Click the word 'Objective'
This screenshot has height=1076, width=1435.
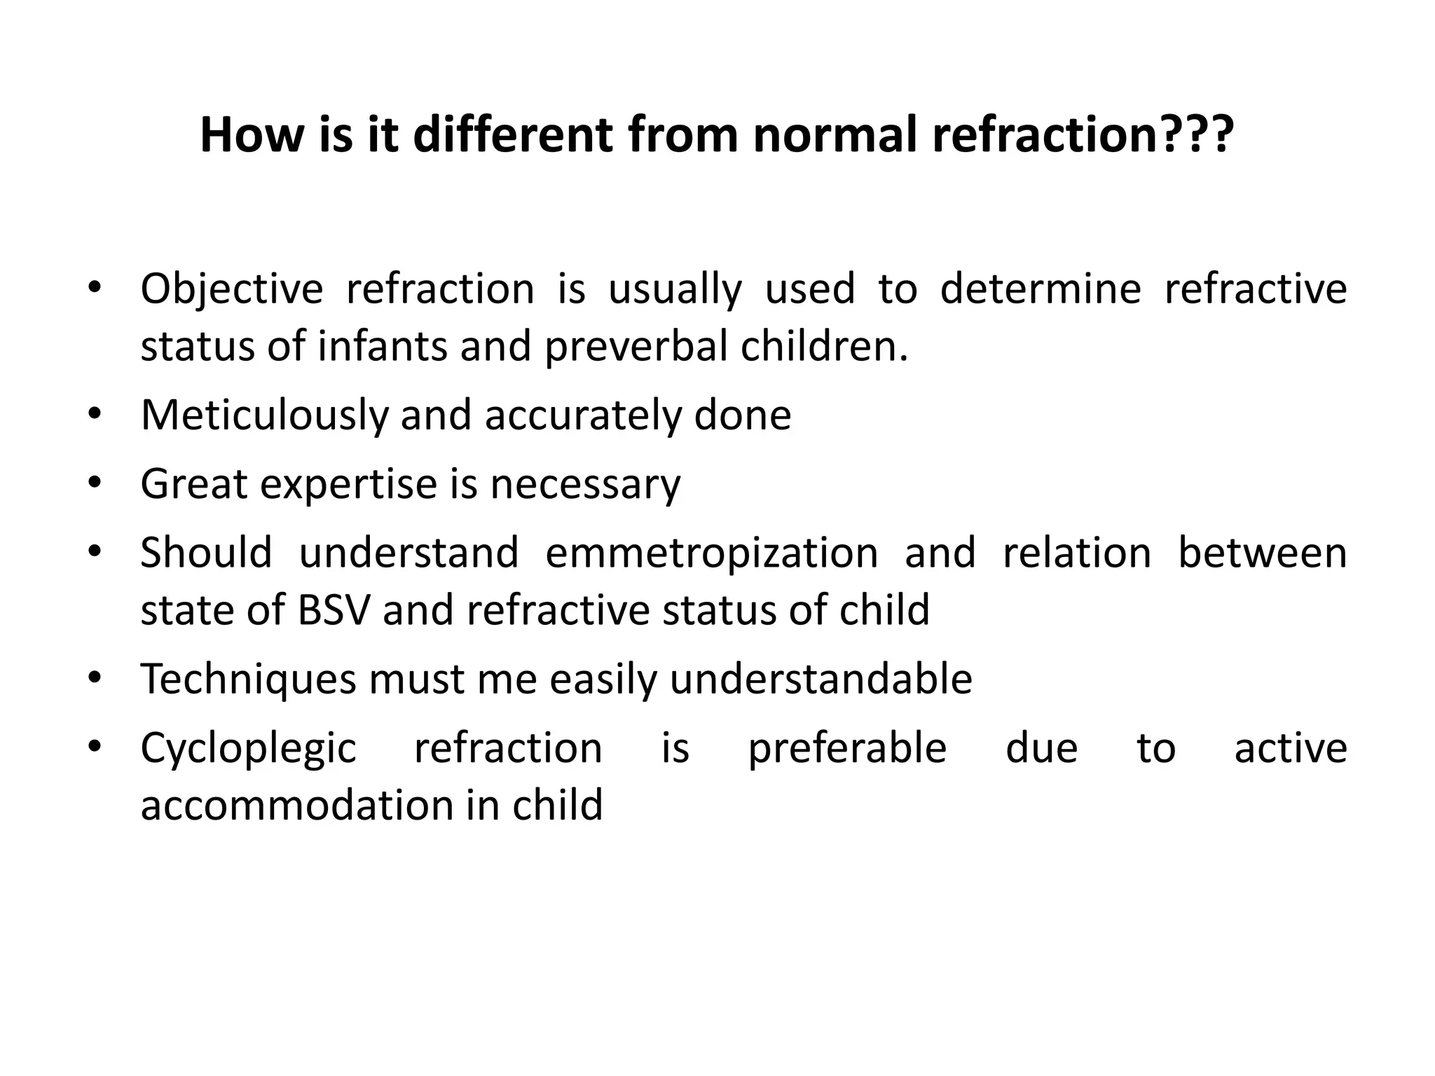tap(232, 289)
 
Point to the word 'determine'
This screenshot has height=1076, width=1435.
tap(1040, 289)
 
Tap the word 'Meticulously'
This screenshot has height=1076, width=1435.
tap(264, 415)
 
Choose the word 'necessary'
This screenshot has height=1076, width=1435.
tap(585, 485)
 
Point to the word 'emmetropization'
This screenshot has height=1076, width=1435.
tap(711, 553)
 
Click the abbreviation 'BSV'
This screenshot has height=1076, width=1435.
tap(333, 609)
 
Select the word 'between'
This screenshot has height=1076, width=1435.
tap(1262, 553)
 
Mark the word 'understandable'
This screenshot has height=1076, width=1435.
tap(821, 680)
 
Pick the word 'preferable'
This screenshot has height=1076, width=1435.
tap(847, 748)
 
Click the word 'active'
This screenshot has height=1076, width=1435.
tap(1290, 748)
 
